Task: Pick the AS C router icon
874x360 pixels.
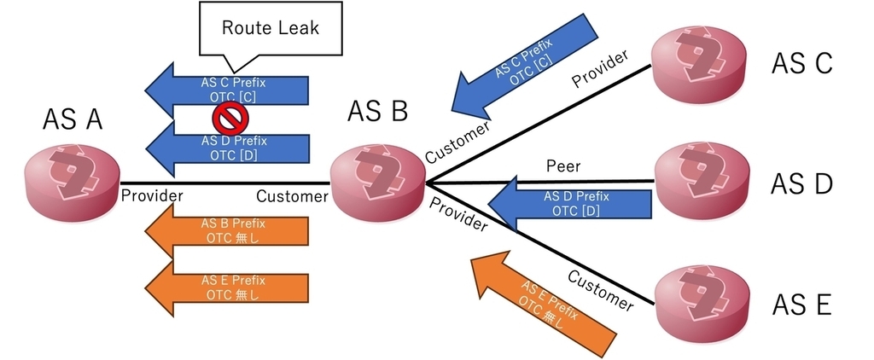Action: coord(699,61)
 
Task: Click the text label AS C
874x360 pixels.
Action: coord(801,63)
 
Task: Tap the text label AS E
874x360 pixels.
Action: coord(801,304)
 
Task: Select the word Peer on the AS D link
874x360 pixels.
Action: coord(563,164)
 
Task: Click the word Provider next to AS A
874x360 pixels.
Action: coord(152,195)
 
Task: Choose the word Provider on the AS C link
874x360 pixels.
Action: coord(600,68)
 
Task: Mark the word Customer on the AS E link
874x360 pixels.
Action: coord(601,290)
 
